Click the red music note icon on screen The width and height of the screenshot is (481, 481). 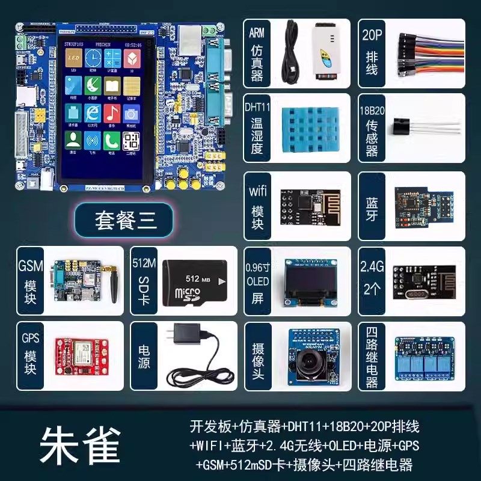[112, 113]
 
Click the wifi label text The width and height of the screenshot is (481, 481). [257, 192]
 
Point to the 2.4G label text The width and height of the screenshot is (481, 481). [372, 266]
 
